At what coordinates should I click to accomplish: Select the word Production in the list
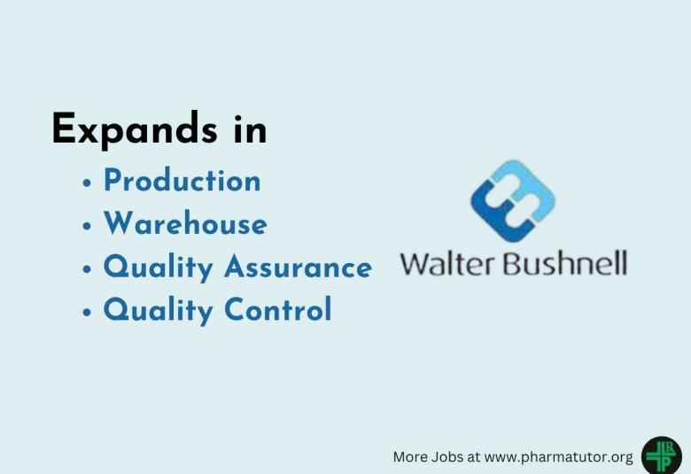click(182, 181)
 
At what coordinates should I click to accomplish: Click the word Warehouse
click(184, 223)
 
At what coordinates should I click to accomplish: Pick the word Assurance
click(298, 267)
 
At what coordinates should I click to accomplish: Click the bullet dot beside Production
click(87, 183)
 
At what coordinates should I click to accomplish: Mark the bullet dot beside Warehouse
click(87, 227)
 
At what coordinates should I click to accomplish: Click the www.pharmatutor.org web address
click(559, 457)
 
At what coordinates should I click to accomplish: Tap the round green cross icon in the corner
click(661, 455)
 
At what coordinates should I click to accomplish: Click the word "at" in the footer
click(475, 457)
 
